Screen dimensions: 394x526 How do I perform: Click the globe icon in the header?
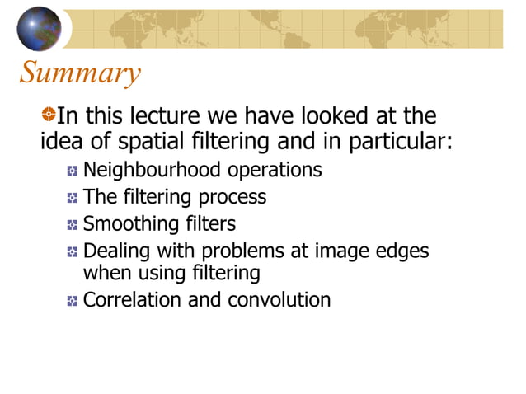click(39, 29)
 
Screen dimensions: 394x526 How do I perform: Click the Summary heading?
click(79, 73)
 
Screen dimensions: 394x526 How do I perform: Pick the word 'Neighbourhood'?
click(153, 171)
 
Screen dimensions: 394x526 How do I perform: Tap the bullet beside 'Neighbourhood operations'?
click(73, 172)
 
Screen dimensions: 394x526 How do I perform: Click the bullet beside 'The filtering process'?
click(73, 199)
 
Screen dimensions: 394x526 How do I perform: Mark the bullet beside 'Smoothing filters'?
click(73, 225)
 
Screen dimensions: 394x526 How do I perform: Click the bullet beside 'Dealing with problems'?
click(73, 251)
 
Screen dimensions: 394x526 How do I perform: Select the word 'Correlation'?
click(133, 299)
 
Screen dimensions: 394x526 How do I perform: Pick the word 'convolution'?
click(284, 299)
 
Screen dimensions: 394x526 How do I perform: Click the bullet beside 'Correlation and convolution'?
click(73, 301)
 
